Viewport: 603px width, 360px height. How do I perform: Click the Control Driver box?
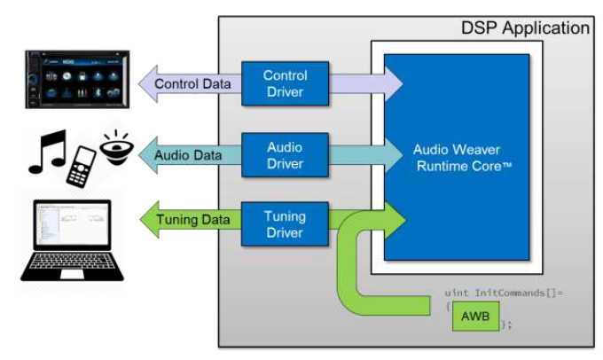point(285,83)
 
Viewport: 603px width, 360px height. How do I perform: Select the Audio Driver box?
point(285,155)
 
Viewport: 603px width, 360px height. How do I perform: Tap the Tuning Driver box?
point(285,224)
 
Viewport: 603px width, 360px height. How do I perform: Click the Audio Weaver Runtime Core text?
point(457,157)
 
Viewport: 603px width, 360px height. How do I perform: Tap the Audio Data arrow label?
point(188,155)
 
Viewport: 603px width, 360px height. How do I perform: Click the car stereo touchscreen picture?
point(74,81)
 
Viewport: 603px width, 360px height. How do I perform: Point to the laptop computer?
point(71,242)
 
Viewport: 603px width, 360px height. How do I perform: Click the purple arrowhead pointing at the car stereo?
point(144,84)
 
